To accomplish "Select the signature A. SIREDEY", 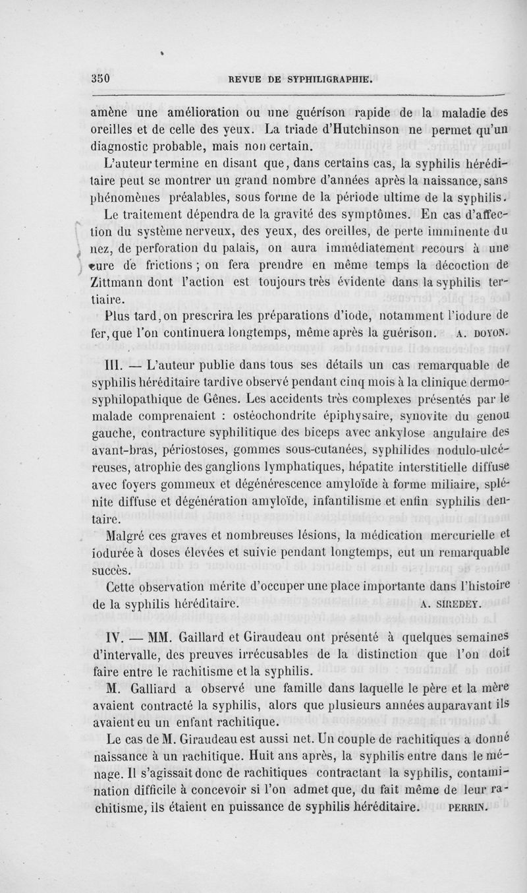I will [x=452, y=601].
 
